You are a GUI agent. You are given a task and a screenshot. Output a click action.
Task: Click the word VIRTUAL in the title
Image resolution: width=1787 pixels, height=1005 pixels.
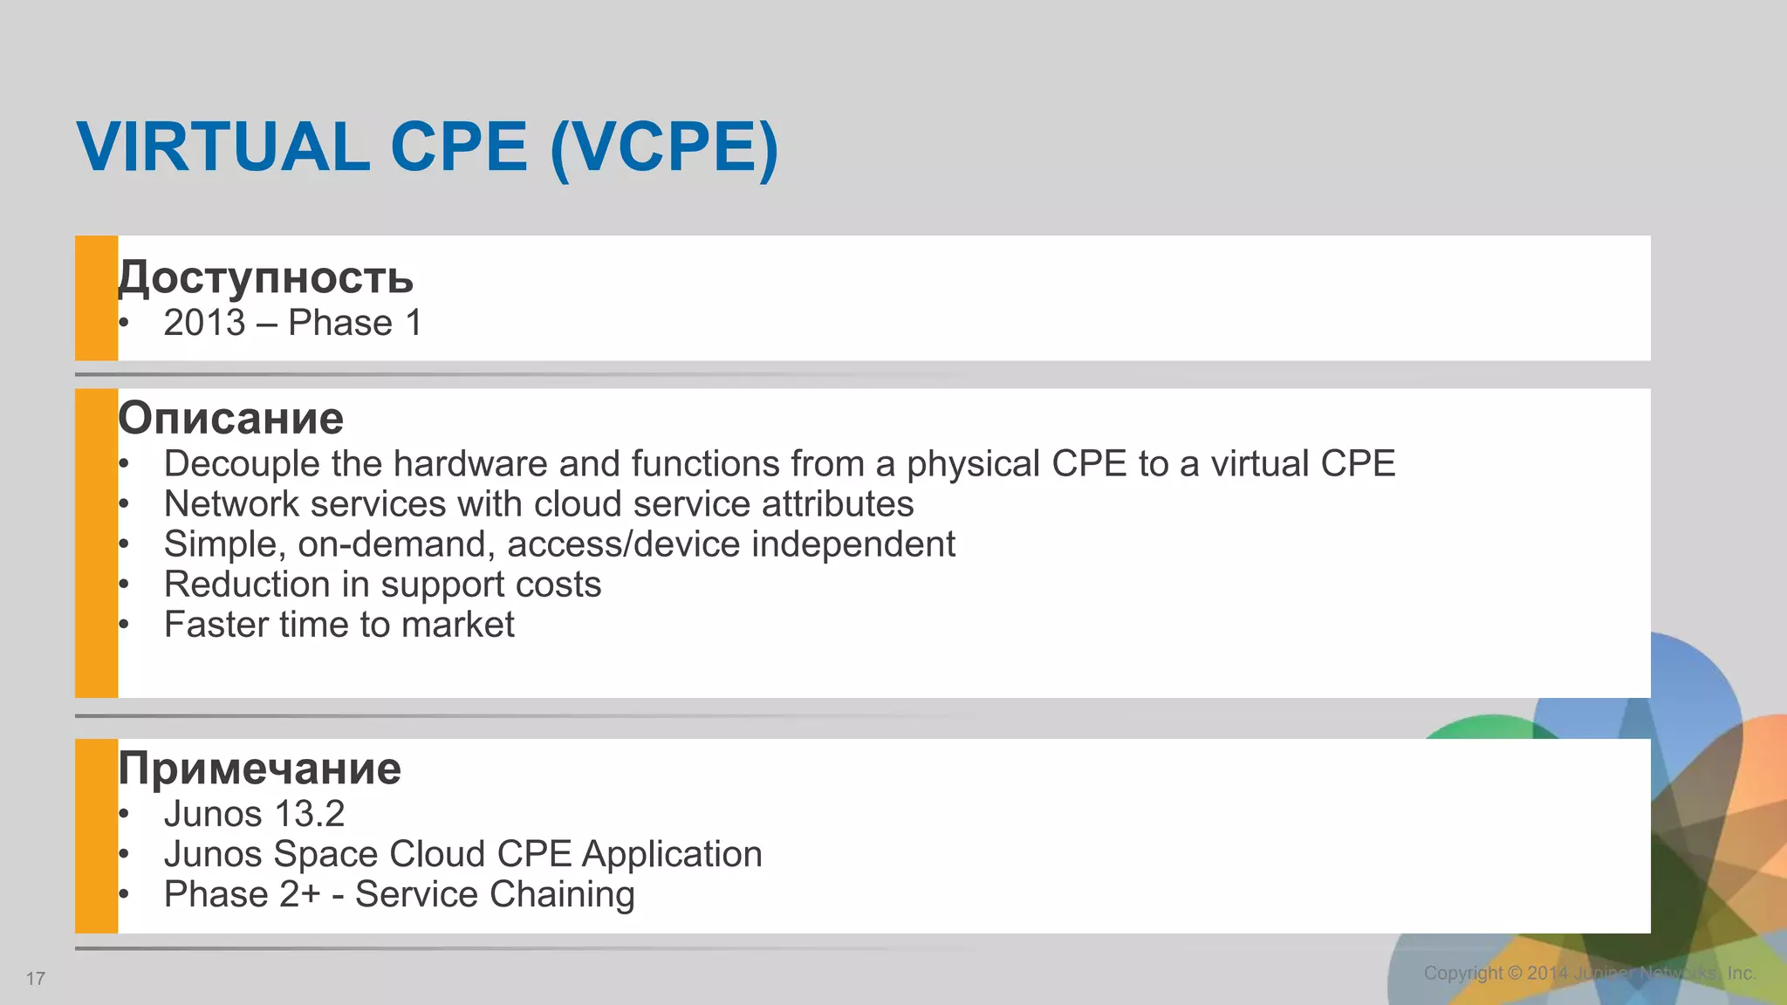point(223,146)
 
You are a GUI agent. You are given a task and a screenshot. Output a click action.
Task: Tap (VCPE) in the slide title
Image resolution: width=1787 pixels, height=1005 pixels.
point(664,147)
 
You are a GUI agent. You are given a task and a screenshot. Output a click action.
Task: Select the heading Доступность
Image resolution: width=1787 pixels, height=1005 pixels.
point(266,277)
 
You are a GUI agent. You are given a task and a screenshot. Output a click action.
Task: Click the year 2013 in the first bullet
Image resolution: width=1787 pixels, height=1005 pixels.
point(205,323)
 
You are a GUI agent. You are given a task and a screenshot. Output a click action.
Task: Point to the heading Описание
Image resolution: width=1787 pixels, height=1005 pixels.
point(231,418)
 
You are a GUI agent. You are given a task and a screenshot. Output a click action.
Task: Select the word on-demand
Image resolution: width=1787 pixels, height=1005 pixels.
point(397,544)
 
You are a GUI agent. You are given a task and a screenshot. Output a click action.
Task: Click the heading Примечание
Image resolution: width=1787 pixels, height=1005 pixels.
point(260,769)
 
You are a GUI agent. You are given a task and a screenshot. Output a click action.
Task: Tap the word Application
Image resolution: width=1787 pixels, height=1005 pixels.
point(672,854)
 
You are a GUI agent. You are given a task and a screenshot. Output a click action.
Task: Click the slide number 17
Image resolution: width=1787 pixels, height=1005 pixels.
point(36,979)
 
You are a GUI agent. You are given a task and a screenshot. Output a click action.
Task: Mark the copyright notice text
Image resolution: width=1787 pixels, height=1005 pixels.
point(1589,973)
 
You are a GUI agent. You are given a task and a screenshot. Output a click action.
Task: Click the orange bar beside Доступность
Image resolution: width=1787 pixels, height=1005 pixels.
point(96,297)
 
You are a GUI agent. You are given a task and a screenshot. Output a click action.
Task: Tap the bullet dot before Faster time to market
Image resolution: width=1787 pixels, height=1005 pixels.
point(124,625)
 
